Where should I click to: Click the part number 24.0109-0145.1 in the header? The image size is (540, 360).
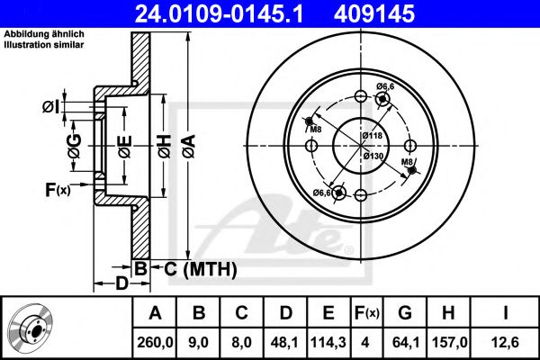(219, 14)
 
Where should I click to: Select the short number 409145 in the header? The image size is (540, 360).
(374, 14)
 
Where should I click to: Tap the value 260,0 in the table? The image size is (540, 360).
(155, 342)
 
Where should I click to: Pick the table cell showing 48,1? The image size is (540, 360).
(284, 342)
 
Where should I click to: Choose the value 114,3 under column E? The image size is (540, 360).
(328, 342)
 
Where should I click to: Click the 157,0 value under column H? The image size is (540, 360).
(449, 342)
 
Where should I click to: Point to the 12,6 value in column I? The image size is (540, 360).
(505, 342)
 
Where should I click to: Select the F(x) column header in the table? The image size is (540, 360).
(367, 313)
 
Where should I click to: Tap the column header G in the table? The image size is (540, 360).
(405, 313)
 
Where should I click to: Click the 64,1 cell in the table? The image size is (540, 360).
(406, 342)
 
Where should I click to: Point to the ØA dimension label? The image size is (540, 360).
(189, 146)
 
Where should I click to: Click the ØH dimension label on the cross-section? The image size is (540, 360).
(165, 146)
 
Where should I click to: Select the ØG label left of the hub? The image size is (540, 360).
(75, 146)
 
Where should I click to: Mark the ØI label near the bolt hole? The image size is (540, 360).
(51, 107)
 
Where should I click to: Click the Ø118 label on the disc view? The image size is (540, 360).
(373, 135)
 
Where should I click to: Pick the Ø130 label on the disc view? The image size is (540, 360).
(373, 156)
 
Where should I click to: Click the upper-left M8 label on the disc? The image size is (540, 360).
(316, 130)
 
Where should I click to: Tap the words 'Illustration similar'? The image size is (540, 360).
(44, 44)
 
